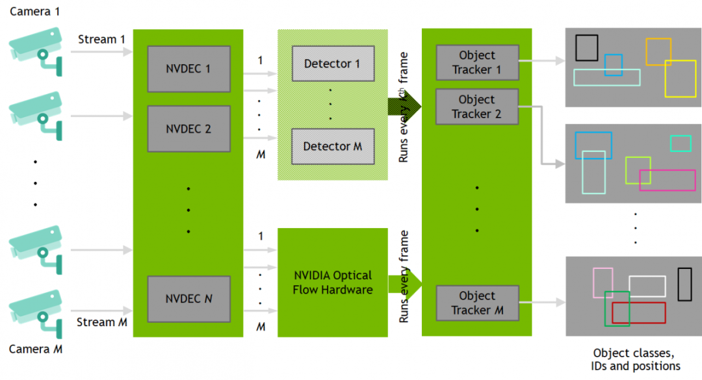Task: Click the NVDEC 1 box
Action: (189, 68)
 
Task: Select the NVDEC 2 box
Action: (189, 129)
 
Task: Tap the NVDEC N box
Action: (189, 299)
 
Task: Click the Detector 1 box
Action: (332, 64)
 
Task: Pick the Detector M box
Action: (332, 146)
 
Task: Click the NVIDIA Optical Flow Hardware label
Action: (333, 283)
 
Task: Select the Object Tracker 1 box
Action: (476, 62)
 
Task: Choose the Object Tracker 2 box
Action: (476, 107)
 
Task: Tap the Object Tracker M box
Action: (476, 303)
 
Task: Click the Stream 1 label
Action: (101, 39)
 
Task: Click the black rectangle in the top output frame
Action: (587, 47)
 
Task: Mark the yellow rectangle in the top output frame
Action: (680, 79)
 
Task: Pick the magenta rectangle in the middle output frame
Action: (667, 180)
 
